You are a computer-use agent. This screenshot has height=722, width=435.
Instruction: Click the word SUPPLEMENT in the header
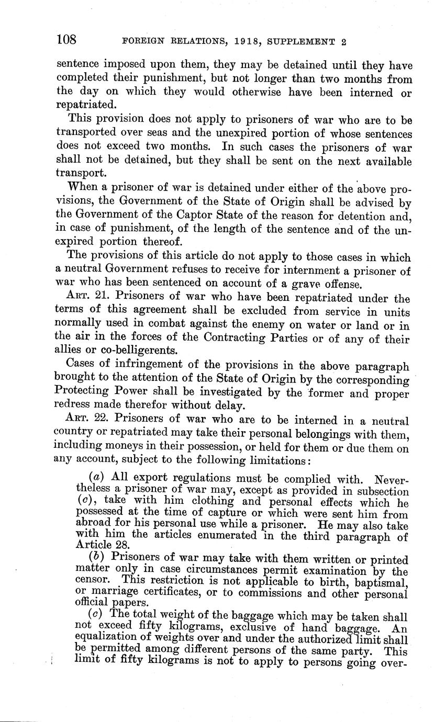(x=298, y=41)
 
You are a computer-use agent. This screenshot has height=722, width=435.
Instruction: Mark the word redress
(x=73, y=405)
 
